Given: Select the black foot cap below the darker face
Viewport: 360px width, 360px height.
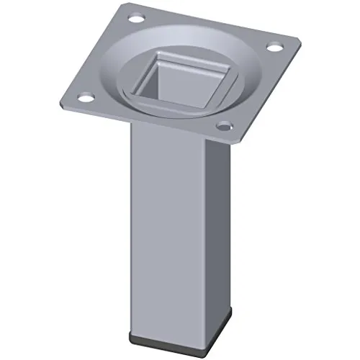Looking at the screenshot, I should point(204,335).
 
